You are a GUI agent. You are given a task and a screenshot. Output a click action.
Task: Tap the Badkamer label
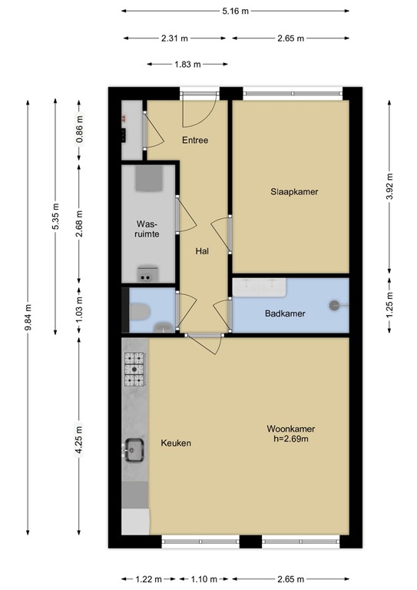click(286, 313)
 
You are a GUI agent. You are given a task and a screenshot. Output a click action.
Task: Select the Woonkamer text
click(291, 429)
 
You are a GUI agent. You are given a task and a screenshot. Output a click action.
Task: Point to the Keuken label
click(176, 443)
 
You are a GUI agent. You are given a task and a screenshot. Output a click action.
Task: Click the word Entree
click(195, 141)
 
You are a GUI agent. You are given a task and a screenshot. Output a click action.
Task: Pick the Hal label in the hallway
click(202, 250)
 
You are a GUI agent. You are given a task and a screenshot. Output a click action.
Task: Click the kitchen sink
click(135, 449)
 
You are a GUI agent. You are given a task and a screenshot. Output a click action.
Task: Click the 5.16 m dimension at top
click(235, 12)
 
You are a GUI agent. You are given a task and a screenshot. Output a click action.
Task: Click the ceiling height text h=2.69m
click(291, 439)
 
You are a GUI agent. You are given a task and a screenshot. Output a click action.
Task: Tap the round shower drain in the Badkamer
click(333, 305)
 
